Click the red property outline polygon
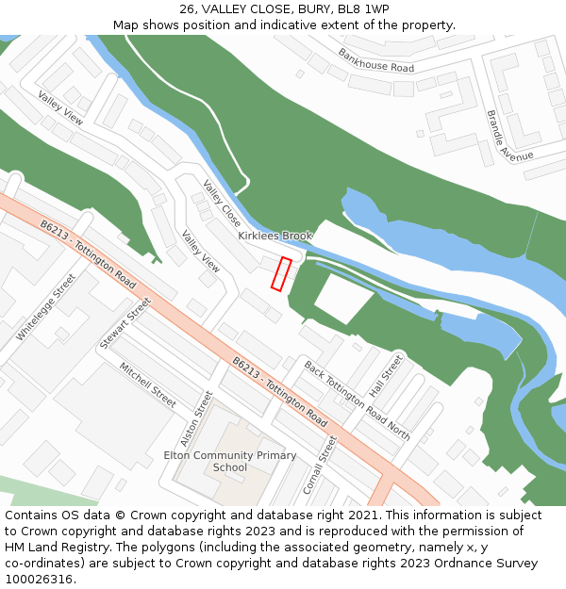coord(281,273)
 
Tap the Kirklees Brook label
coord(275,236)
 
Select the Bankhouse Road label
coord(376,60)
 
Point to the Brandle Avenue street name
coord(509,134)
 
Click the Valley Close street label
coord(222,204)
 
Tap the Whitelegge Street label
coord(45,307)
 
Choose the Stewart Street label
coord(125,323)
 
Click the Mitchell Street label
coord(147,384)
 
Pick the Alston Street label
coord(197,418)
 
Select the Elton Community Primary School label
coord(230,461)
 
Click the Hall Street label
coord(386,375)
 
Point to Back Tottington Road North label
coord(357,400)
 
